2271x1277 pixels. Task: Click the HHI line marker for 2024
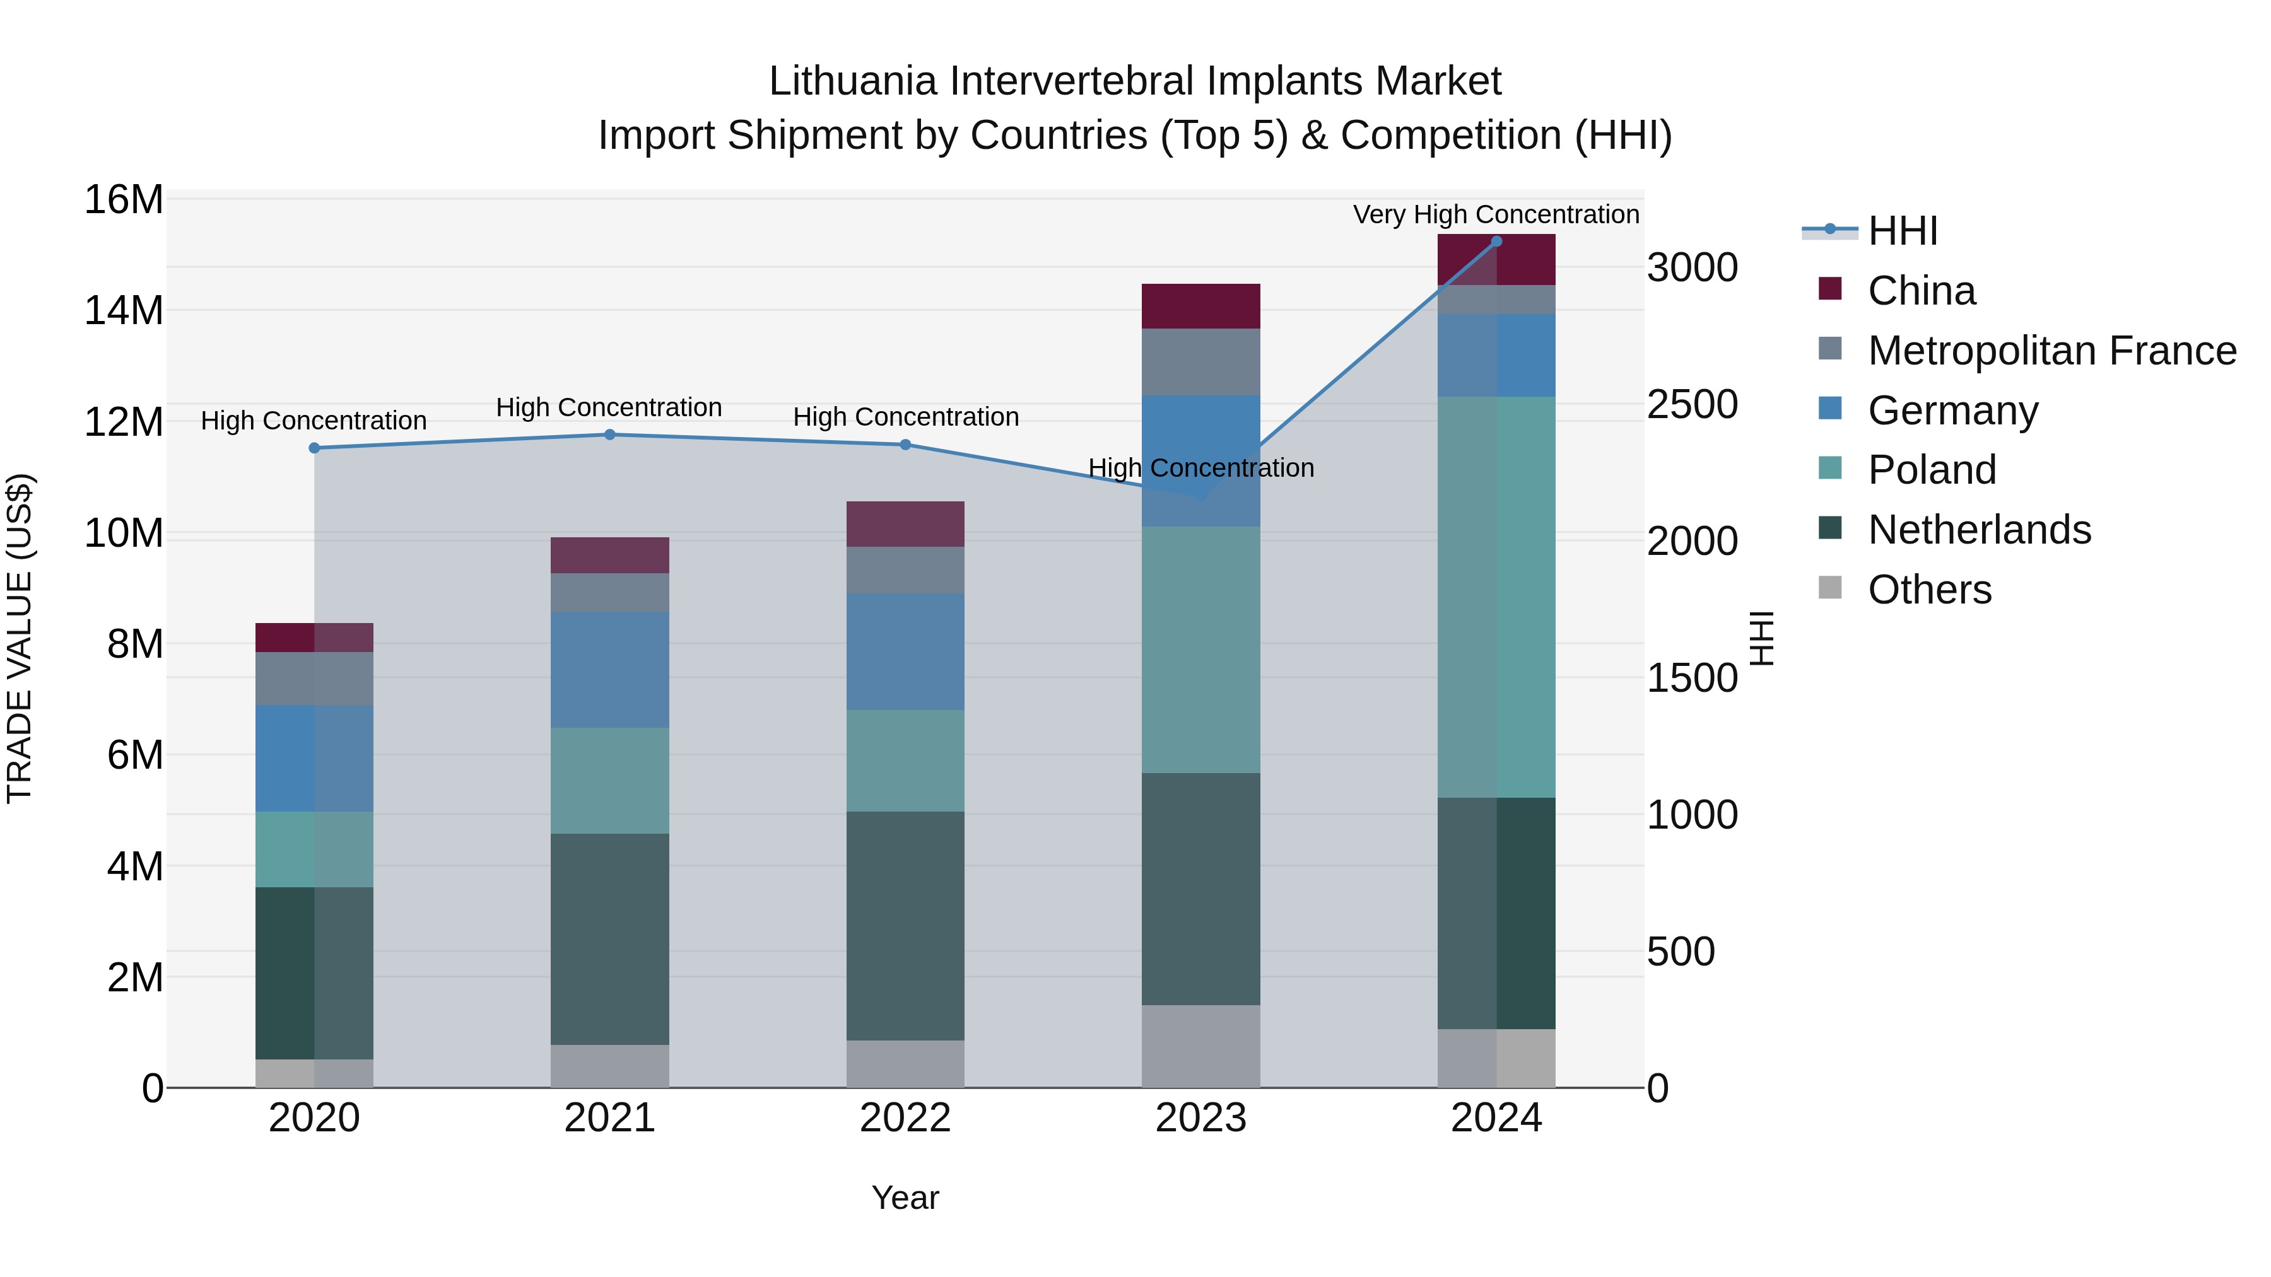coord(1496,242)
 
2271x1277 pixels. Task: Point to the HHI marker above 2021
coord(609,434)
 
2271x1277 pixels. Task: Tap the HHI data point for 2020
coord(314,448)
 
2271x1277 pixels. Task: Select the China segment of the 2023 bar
coord(1200,306)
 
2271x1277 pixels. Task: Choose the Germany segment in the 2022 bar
coord(905,651)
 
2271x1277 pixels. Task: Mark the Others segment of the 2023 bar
coord(1200,1046)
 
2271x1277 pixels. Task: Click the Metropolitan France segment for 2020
coord(314,678)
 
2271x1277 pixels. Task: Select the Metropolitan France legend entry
coord(2051,351)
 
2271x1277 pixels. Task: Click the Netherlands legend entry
coord(1979,530)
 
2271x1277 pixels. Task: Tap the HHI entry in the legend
coord(1903,231)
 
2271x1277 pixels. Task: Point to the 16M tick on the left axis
coord(124,200)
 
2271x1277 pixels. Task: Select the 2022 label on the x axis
coord(905,1118)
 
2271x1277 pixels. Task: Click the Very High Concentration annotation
coord(1496,214)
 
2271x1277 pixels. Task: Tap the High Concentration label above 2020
coord(314,421)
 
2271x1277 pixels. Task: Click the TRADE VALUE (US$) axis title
coord(20,638)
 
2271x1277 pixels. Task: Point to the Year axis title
coord(905,1198)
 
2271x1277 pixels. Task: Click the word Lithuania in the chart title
coord(852,81)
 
